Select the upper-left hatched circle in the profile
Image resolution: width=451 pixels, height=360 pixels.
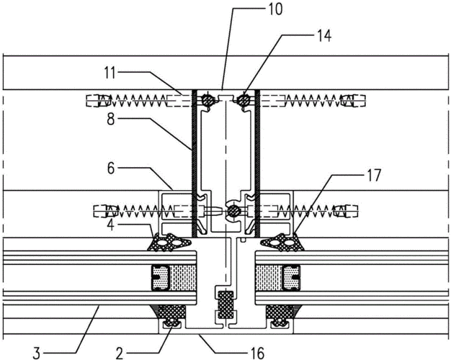coord(207,101)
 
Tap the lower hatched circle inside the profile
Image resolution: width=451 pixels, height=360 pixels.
coord(233,212)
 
